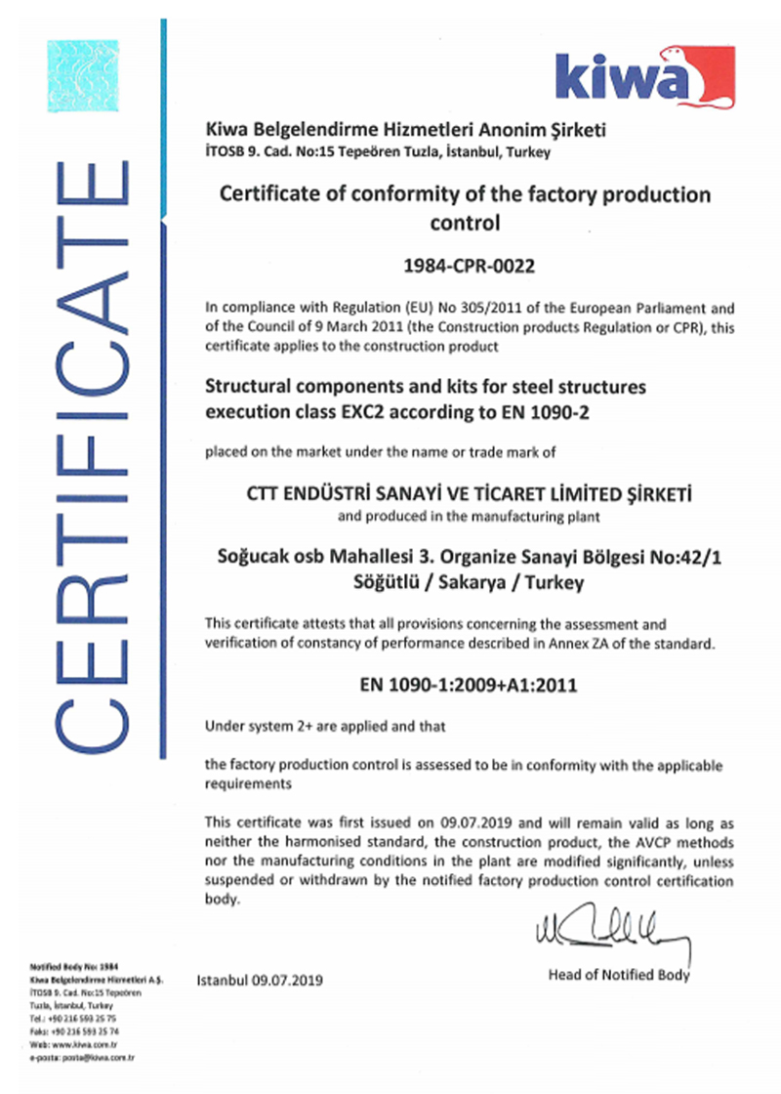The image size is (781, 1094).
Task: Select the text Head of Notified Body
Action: pyautogui.click(x=619, y=974)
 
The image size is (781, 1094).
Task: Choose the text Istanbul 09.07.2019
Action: pyautogui.click(x=260, y=979)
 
